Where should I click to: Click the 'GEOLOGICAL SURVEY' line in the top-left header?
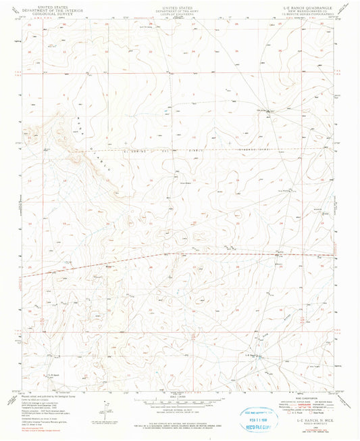pos(49,13)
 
